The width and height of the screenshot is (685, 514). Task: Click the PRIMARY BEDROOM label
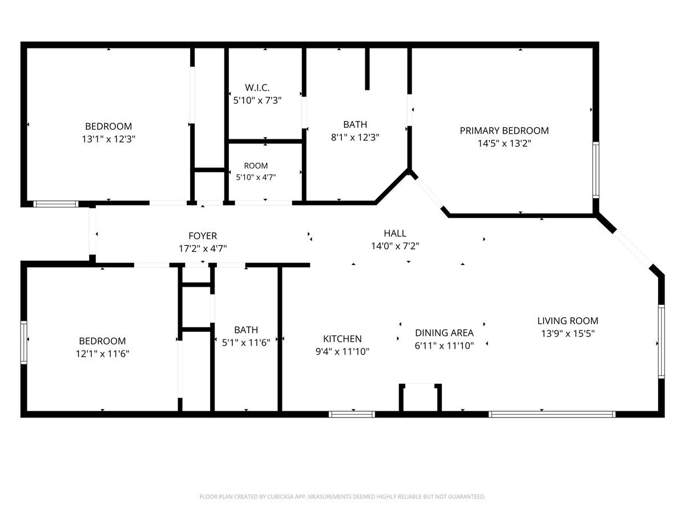pyautogui.click(x=504, y=130)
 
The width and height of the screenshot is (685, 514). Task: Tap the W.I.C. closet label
pyautogui.click(x=257, y=88)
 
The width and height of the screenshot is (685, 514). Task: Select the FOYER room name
pyautogui.click(x=203, y=236)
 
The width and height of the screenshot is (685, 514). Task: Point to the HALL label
pyautogui.click(x=395, y=233)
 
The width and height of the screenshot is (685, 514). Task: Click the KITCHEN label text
pyautogui.click(x=342, y=339)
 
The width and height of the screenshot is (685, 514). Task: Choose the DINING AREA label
pyautogui.click(x=444, y=333)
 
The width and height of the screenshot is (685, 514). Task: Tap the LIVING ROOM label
pyautogui.click(x=567, y=320)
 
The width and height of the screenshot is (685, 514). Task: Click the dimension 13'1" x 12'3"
pyautogui.click(x=108, y=139)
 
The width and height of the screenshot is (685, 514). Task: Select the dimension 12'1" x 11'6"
pyautogui.click(x=102, y=354)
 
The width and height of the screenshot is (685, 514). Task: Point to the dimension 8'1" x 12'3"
pyautogui.click(x=355, y=137)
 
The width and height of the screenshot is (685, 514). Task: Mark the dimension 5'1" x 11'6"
pyautogui.click(x=246, y=343)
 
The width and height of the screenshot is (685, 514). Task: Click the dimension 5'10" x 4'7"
pyautogui.click(x=256, y=177)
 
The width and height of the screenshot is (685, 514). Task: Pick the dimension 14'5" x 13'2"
pyautogui.click(x=504, y=143)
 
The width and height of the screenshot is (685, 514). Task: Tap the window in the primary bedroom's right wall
pyautogui.click(x=596, y=170)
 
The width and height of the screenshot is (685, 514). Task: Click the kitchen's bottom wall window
pyautogui.click(x=352, y=414)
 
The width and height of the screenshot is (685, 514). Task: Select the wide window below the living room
pyautogui.click(x=552, y=414)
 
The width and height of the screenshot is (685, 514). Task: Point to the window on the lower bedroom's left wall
pyautogui.click(x=24, y=342)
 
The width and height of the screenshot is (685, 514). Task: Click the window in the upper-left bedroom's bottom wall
pyautogui.click(x=56, y=204)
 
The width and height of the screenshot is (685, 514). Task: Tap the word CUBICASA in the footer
pyautogui.click(x=280, y=496)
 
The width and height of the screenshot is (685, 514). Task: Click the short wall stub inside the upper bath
pyautogui.click(x=367, y=69)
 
